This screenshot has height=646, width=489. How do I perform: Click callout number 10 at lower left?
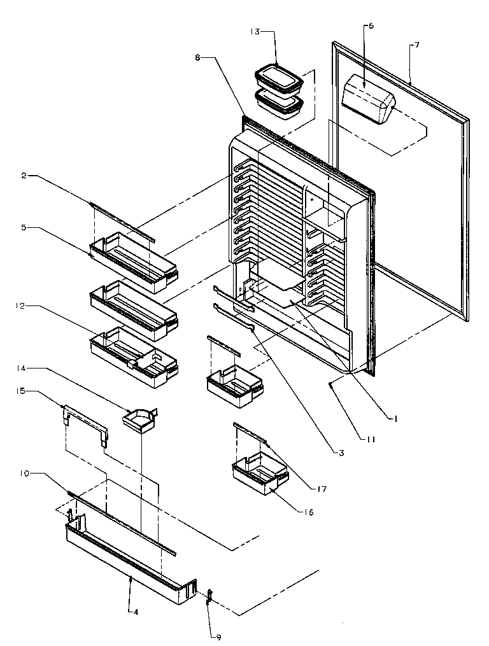(23, 473)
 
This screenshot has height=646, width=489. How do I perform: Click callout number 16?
(309, 512)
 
